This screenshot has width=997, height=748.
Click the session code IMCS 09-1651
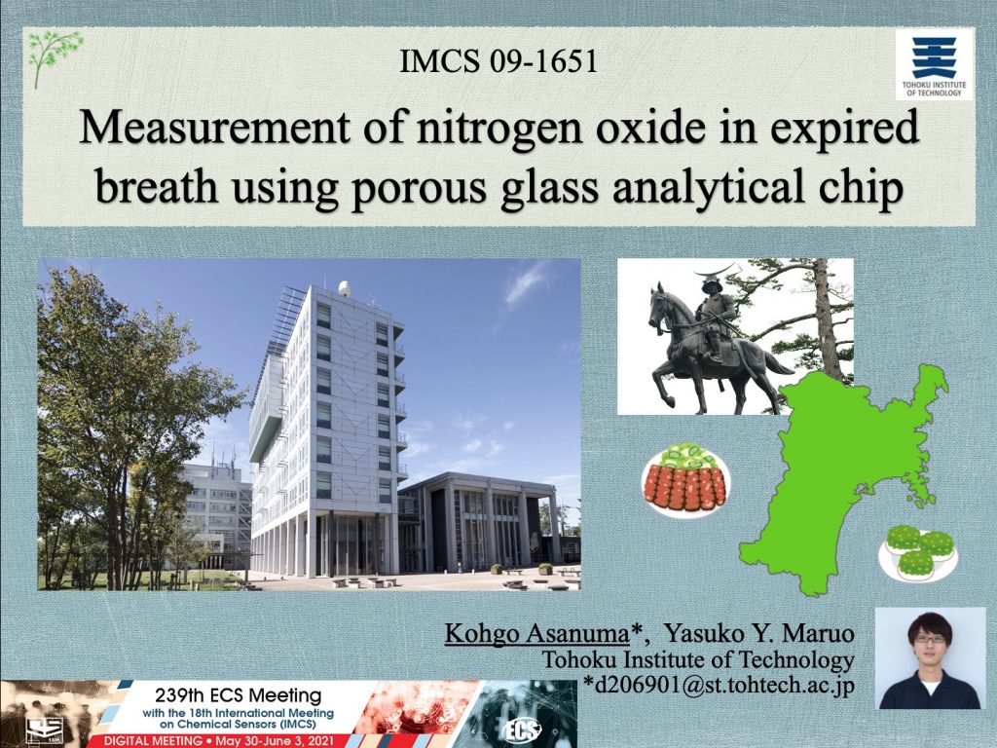tap(498, 61)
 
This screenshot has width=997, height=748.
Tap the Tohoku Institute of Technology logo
tap(934, 64)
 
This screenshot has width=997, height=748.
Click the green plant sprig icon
tap(55, 58)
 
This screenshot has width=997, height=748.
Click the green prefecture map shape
tap(846, 477)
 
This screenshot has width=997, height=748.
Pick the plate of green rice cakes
tap(917, 552)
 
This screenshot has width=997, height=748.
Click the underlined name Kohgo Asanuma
tap(537, 633)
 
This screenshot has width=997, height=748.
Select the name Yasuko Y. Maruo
tap(758, 633)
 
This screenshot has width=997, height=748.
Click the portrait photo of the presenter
tap(930, 657)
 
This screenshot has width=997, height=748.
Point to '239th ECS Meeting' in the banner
tap(238, 694)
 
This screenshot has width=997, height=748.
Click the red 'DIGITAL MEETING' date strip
tap(219, 741)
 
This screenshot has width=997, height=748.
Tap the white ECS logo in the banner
tap(521, 730)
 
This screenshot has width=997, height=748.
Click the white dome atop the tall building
tap(344, 288)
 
